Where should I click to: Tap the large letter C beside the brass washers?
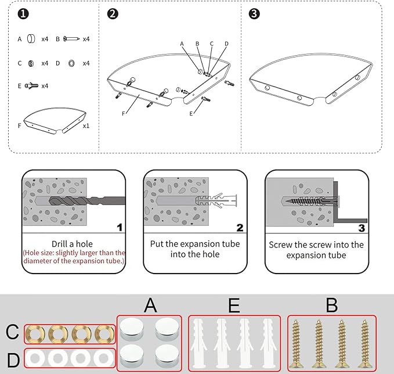pyautogui.click(x=12, y=333)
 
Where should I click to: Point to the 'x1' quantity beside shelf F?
pyautogui.click(x=86, y=125)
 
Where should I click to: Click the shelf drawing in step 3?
pyautogui.click(x=308, y=81)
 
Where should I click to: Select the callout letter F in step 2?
pyautogui.click(x=124, y=114)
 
